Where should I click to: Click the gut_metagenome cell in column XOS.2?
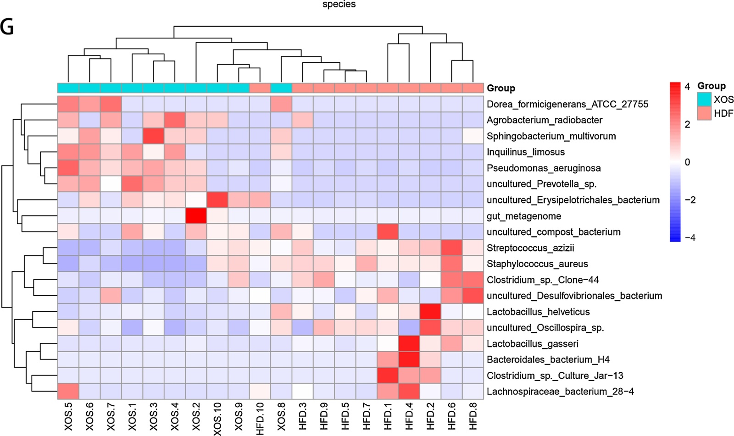pyautogui.click(x=196, y=216)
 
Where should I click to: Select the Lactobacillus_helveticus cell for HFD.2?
pyautogui.click(x=430, y=312)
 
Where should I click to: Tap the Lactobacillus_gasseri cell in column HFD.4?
pyautogui.click(x=409, y=344)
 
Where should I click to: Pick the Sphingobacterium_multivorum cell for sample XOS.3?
pyautogui.click(x=154, y=136)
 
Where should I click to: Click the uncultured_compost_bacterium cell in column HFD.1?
pyautogui.click(x=388, y=232)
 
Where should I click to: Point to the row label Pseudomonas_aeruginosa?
pyautogui.click(x=544, y=168)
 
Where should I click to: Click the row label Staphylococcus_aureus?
pyautogui.click(x=537, y=264)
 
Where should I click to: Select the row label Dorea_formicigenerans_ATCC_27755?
pyautogui.click(x=567, y=105)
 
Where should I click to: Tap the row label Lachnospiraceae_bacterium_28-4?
pyautogui.click(x=560, y=392)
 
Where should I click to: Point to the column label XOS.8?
pyautogui.click(x=281, y=416)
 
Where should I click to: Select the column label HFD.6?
pyautogui.click(x=452, y=416)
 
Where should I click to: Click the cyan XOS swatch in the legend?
pyautogui.click(x=704, y=99)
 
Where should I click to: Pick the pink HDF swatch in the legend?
pyautogui.click(x=704, y=113)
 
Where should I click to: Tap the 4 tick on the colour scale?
pyautogui.click(x=687, y=87)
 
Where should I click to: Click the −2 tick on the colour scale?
pyautogui.click(x=690, y=200)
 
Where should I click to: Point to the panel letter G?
pyautogui.click(x=7, y=28)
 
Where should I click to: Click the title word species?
pyautogui.click(x=339, y=5)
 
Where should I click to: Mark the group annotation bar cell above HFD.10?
pyautogui.click(x=260, y=88)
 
